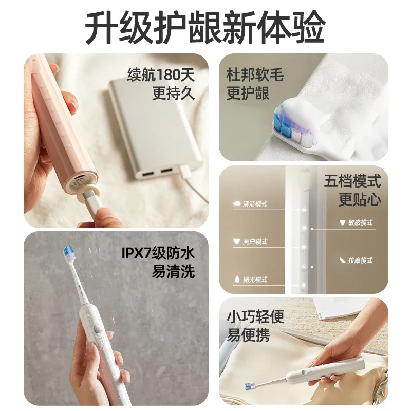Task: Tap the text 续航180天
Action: pos(161,75)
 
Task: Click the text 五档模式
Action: pos(360,181)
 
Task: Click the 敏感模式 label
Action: pos(360,223)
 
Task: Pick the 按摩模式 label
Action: pos(360,261)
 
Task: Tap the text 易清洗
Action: pos(173,271)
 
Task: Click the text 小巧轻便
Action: pos(255,317)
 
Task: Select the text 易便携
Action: pos(248,336)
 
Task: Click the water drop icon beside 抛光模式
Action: pos(236,279)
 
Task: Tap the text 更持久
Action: pos(173,94)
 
